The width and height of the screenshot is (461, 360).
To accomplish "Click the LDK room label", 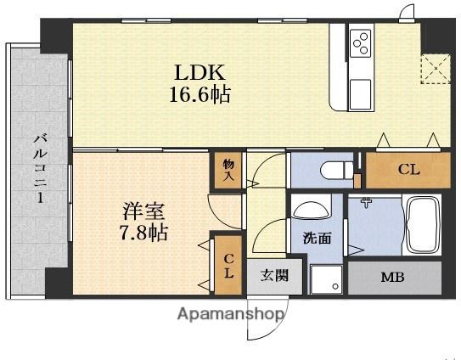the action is (200, 72).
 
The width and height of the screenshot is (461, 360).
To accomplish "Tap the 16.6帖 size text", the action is (200, 94).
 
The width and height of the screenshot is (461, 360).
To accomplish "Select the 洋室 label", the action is (143, 211).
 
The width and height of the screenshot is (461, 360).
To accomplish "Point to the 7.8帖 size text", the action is (144, 233).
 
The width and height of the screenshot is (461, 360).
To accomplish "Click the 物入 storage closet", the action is (228, 170).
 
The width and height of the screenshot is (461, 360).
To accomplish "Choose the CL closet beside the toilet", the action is (408, 170).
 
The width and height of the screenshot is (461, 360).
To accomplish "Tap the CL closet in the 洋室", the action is (228, 265).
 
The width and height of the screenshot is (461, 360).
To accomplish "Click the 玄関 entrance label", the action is (274, 276).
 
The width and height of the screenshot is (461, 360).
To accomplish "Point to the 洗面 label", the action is (317, 239).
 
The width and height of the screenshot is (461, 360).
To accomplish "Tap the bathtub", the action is (422, 226).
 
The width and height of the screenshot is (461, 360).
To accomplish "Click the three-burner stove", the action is (361, 44).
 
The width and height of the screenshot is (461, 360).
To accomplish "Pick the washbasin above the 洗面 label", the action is (311, 211).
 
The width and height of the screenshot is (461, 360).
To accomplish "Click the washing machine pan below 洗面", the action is (326, 279).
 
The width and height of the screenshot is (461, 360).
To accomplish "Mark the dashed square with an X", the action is (436, 70).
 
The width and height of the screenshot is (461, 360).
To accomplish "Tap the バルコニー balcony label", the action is (40, 168).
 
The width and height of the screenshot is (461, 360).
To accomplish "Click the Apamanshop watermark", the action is (231, 314).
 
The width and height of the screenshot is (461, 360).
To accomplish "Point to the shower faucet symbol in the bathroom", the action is (366, 202).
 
